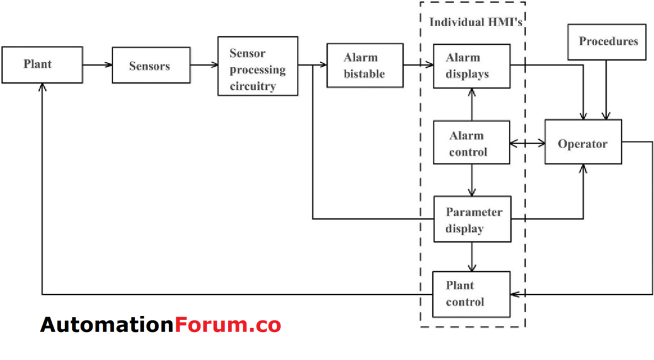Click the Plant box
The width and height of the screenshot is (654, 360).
(x=42, y=64)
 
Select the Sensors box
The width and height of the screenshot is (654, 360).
(x=151, y=66)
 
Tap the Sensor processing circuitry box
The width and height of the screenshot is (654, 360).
(x=257, y=66)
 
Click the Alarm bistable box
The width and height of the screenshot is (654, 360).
(x=365, y=66)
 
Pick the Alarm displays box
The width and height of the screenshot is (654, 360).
(x=471, y=66)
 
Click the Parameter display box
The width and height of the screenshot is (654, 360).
(x=472, y=220)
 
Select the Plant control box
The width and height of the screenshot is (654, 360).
(x=471, y=294)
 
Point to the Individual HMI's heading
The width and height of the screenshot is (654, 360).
(x=472, y=22)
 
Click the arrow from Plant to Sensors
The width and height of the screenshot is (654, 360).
(x=97, y=64)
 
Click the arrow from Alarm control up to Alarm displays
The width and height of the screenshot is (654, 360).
(x=472, y=105)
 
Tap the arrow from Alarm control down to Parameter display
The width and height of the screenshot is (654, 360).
(x=472, y=181)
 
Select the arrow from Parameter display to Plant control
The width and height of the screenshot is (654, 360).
(x=472, y=257)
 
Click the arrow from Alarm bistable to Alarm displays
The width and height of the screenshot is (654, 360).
(x=418, y=64)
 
